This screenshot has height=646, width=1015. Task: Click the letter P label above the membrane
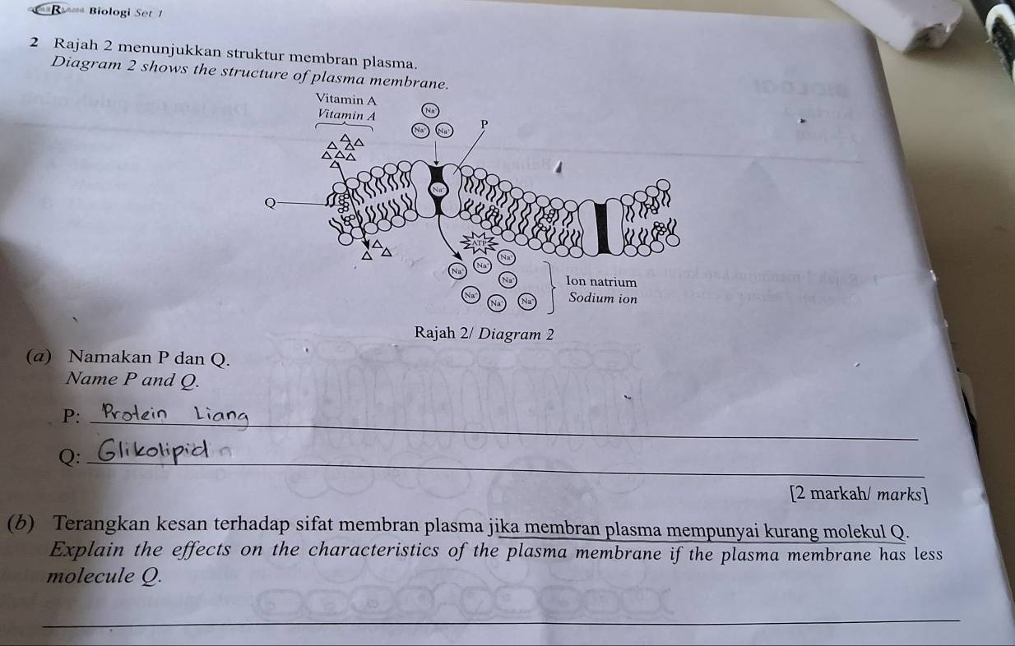point(484,123)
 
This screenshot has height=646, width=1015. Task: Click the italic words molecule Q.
point(111,575)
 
